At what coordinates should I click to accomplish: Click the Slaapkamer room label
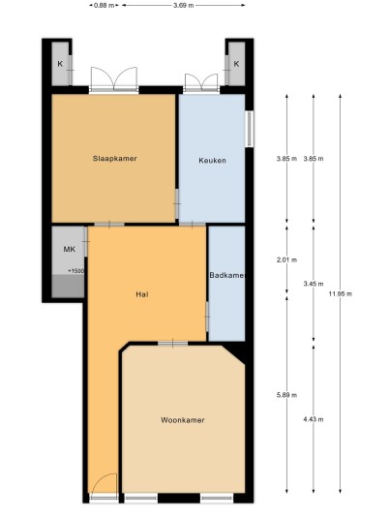115,159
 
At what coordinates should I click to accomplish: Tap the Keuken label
212,161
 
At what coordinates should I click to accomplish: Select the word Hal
142,294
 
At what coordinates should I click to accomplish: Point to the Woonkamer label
183,420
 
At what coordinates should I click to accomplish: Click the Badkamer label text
226,275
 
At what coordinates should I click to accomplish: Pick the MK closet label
69,249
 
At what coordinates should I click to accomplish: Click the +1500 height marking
76,271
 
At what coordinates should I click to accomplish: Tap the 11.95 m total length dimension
341,293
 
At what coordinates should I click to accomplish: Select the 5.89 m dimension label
286,395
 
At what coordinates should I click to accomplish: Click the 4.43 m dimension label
314,419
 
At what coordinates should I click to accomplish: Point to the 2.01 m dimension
286,259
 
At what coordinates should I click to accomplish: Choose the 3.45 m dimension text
314,284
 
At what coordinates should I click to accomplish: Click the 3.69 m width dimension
184,5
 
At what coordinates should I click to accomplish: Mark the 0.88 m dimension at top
105,5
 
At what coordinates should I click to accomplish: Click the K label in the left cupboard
60,64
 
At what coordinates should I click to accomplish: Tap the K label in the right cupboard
236,64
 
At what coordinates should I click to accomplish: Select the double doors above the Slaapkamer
114,78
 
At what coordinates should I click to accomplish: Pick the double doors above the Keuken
201,81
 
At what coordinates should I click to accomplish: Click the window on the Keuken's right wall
250,129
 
